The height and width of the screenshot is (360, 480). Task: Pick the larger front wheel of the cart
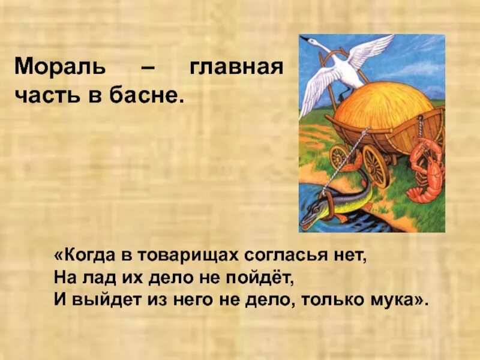376,165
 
